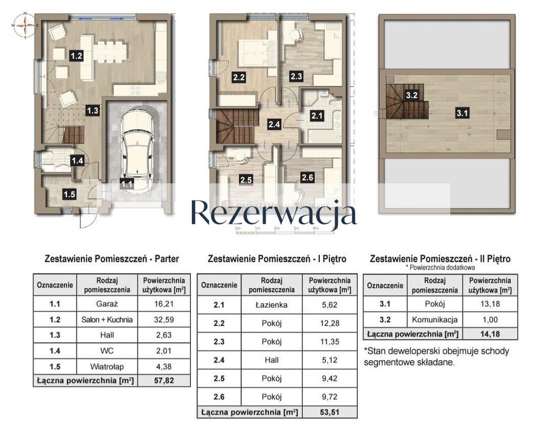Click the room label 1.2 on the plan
(x=76, y=56)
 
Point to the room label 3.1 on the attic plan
(x=463, y=114)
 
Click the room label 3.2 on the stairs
(x=412, y=95)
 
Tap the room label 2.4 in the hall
(x=273, y=124)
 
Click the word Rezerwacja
(x=273, y=213)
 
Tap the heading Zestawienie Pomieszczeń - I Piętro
(x=277, y=259)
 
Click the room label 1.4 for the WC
(x=76, y=161)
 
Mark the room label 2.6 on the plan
(x=307, y=178)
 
